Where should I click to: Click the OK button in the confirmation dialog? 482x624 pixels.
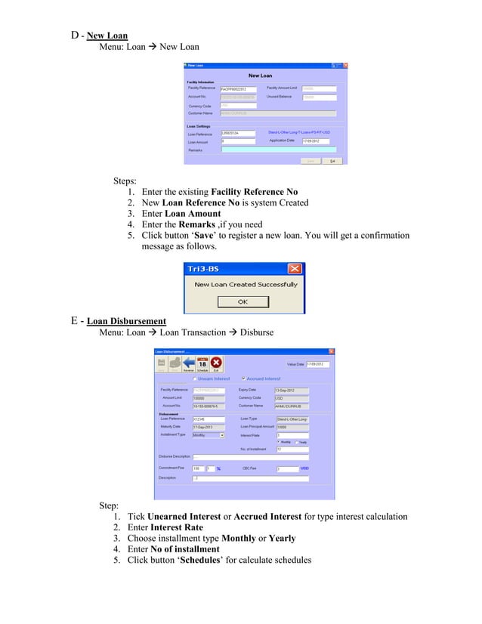click(243, 301)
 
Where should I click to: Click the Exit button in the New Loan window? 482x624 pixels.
click(332, 161)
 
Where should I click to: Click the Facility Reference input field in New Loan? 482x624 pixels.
click(238, 89)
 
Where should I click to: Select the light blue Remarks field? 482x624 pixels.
click(280, 150)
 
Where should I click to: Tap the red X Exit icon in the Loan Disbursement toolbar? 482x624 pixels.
click(217, 364)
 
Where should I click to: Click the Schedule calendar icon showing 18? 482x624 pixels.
click(202, 364)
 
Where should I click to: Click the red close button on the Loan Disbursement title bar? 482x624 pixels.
click(331, 351)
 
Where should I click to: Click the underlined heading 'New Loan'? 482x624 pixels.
click(107, 35)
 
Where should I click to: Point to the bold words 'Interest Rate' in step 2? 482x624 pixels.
click(175, 527)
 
